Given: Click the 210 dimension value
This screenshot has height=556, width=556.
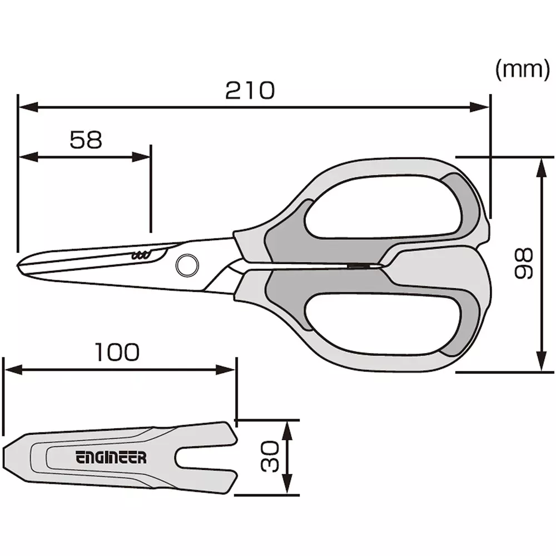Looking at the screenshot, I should click(x=250, y=90).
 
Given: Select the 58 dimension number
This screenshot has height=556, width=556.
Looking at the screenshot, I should click(x=86, y=140).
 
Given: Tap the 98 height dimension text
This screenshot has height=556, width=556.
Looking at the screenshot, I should click(x=523, y=264).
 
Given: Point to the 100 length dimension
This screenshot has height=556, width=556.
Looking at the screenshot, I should click(x=116, y=353).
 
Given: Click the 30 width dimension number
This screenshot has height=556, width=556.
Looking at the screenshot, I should click(x=270, y=456).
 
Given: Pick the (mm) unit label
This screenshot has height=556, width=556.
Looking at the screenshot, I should click(x=522, y=70).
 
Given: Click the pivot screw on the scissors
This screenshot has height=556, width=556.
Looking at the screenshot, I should click(x=186, y=265).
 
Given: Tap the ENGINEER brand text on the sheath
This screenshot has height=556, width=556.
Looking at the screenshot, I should click(x=111, y=458).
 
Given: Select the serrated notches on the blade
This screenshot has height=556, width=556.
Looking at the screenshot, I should click(x=140, y=256).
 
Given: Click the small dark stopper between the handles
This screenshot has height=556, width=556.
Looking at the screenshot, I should click(x=360, y=267).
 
